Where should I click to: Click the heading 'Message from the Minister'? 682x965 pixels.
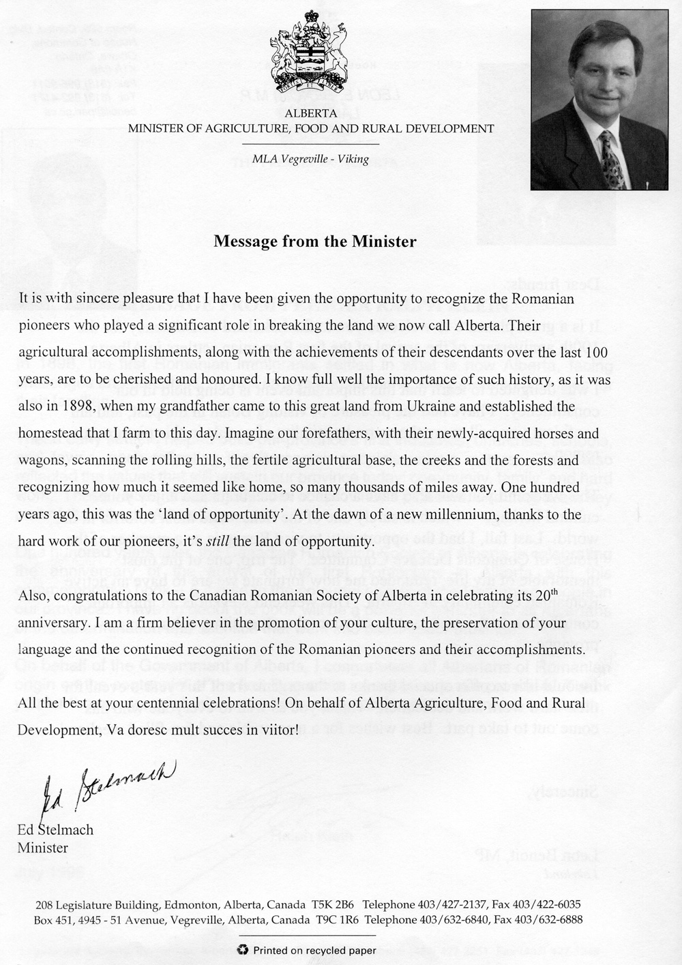pyautogui.click(x=314, y=241)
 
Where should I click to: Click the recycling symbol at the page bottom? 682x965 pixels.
pyautogui.click(x=243, y=949)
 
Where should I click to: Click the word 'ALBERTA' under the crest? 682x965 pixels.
pyautogui.click(x=310, y=113)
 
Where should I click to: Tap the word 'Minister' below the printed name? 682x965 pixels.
pyautogui.click(x=42, y=848)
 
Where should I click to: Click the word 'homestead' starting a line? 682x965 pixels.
pyautogui.click(x=48, y=434)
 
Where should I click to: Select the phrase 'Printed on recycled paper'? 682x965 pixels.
pyautogui.click(x=314, y=949)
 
